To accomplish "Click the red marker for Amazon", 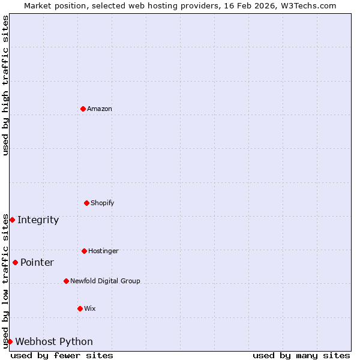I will [83, 109].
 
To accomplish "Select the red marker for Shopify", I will [86, 203].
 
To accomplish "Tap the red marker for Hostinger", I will [84, 251].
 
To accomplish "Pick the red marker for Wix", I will [80, 308].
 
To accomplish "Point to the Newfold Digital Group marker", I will [66, 281].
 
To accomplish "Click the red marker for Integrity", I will [12, 220].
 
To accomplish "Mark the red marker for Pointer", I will [15, 262].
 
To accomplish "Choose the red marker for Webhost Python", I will [10, 341].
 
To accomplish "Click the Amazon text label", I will [100, 109].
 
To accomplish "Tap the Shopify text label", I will [103, 203].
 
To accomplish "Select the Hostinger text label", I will [103, 251].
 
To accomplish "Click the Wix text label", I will [90, 308].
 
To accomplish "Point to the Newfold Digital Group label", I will [105, 281].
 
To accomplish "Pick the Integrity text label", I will [38, 220].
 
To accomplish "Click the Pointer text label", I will [37, 262].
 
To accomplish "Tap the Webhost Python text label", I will [54, 341].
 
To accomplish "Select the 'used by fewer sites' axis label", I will [62, 355].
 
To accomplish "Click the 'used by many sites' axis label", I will [301, 355].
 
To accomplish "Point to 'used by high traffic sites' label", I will [5, 85].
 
